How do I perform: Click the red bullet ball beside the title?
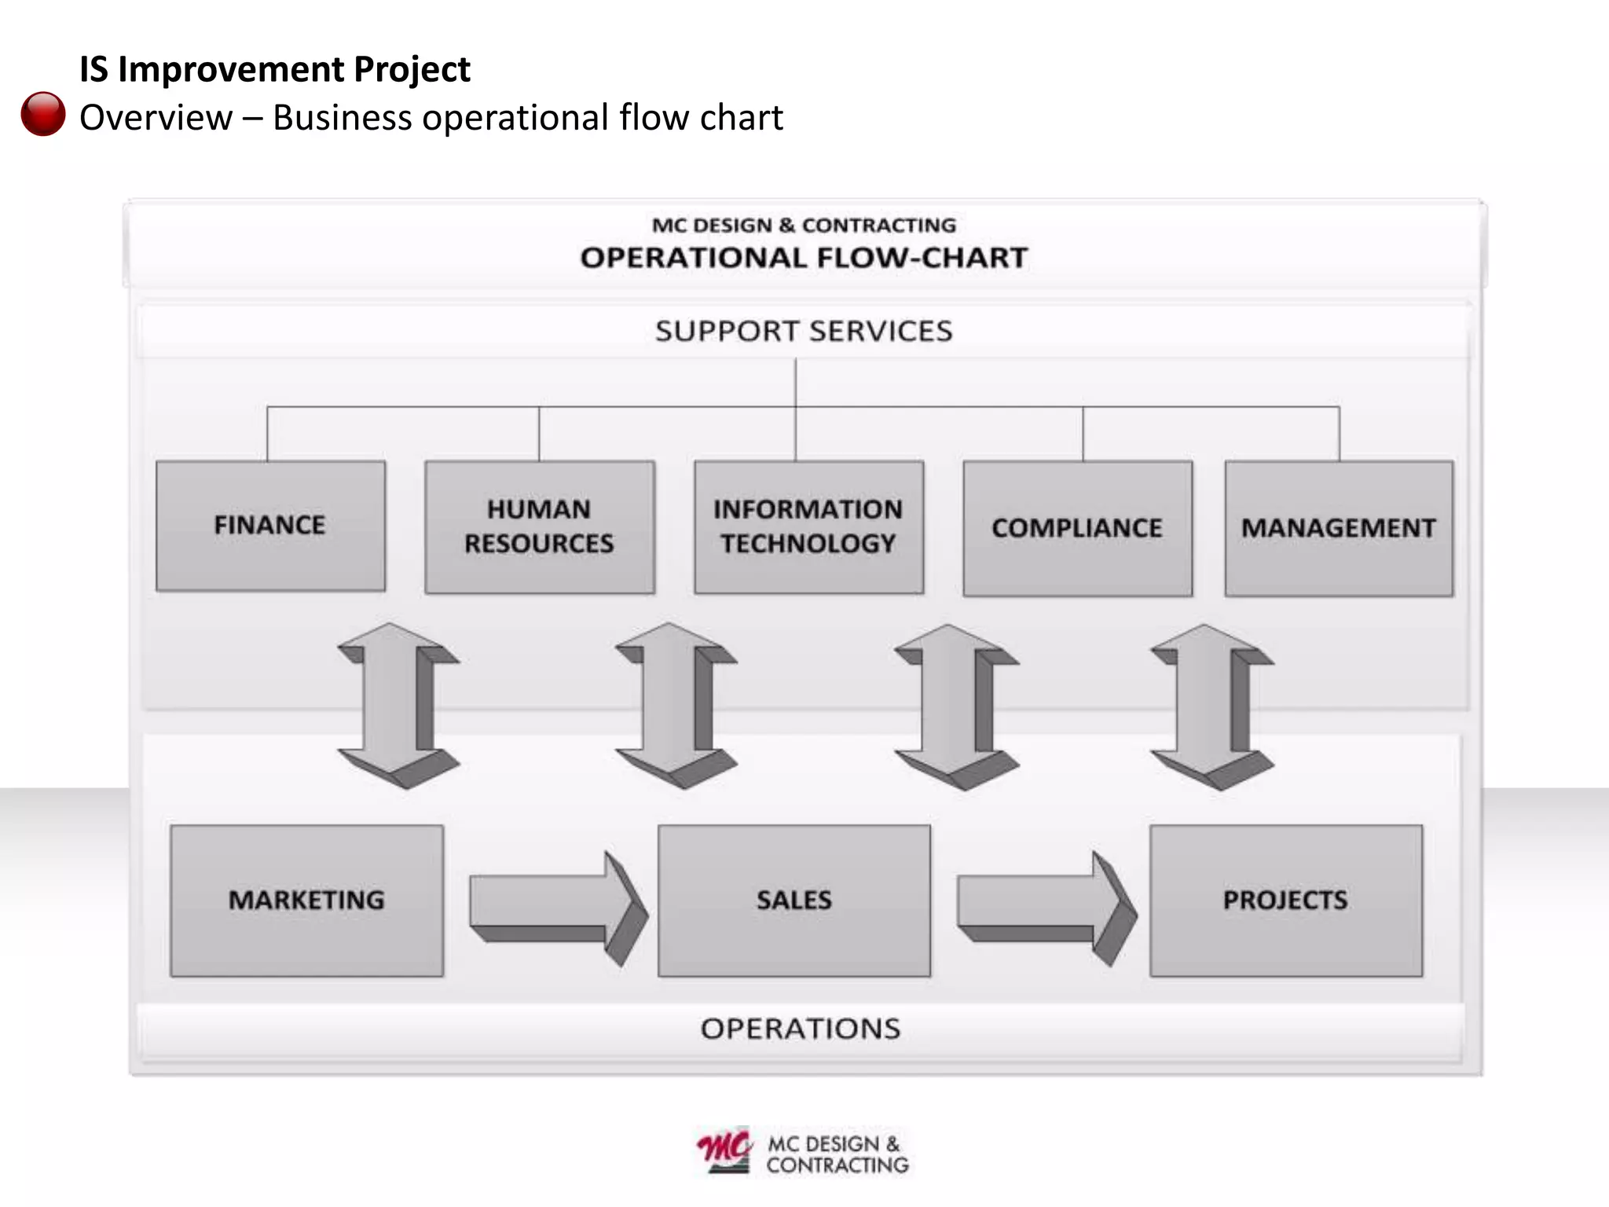coord(43,114)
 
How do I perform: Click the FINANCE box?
coord(270,526)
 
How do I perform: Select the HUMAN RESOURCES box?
coord(539,526)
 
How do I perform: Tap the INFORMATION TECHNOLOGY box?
coord(808,526)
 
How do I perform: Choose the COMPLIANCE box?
coord(1077,528)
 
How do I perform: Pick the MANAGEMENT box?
coord(1339,528)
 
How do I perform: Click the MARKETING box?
coord(306,901)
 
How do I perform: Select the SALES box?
coord(794,901)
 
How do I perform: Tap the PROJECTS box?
coord(1285,901)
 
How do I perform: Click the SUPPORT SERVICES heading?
coord(803,332)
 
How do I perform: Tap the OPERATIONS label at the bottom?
coord(801,1029)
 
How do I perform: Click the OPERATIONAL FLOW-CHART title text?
coord(804,258)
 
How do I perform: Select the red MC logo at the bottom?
coord(724,1151)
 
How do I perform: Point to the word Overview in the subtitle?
coord(156,118)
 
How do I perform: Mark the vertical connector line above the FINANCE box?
coord(268,434)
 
